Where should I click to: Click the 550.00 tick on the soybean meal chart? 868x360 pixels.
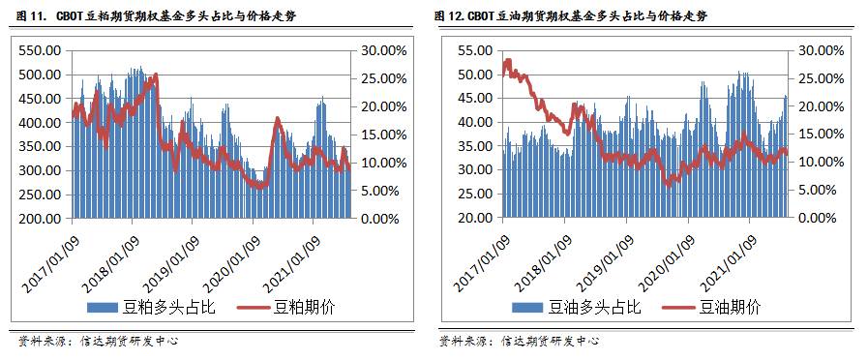pyautogui.click(x=40, y=50)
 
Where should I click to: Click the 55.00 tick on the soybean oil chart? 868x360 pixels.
pyautogui.click(x=475, y=50)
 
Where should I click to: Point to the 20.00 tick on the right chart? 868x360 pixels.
pyautogui.click(x=475, y=219)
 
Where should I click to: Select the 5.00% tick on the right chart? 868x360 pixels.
pyautogui.click(x=813, y=191)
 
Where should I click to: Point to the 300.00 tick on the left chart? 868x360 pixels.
pyautogui.click(x=40, y=170)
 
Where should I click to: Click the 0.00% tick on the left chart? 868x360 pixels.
pyautogui.click(x=378, y=219)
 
